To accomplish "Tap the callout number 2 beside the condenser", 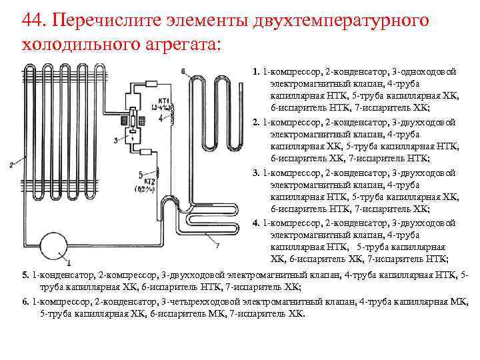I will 11,164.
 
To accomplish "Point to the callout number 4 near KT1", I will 161,117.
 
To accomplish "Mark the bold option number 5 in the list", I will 25,275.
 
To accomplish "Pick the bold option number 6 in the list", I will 25,301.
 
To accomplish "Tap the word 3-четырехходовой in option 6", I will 199,301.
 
